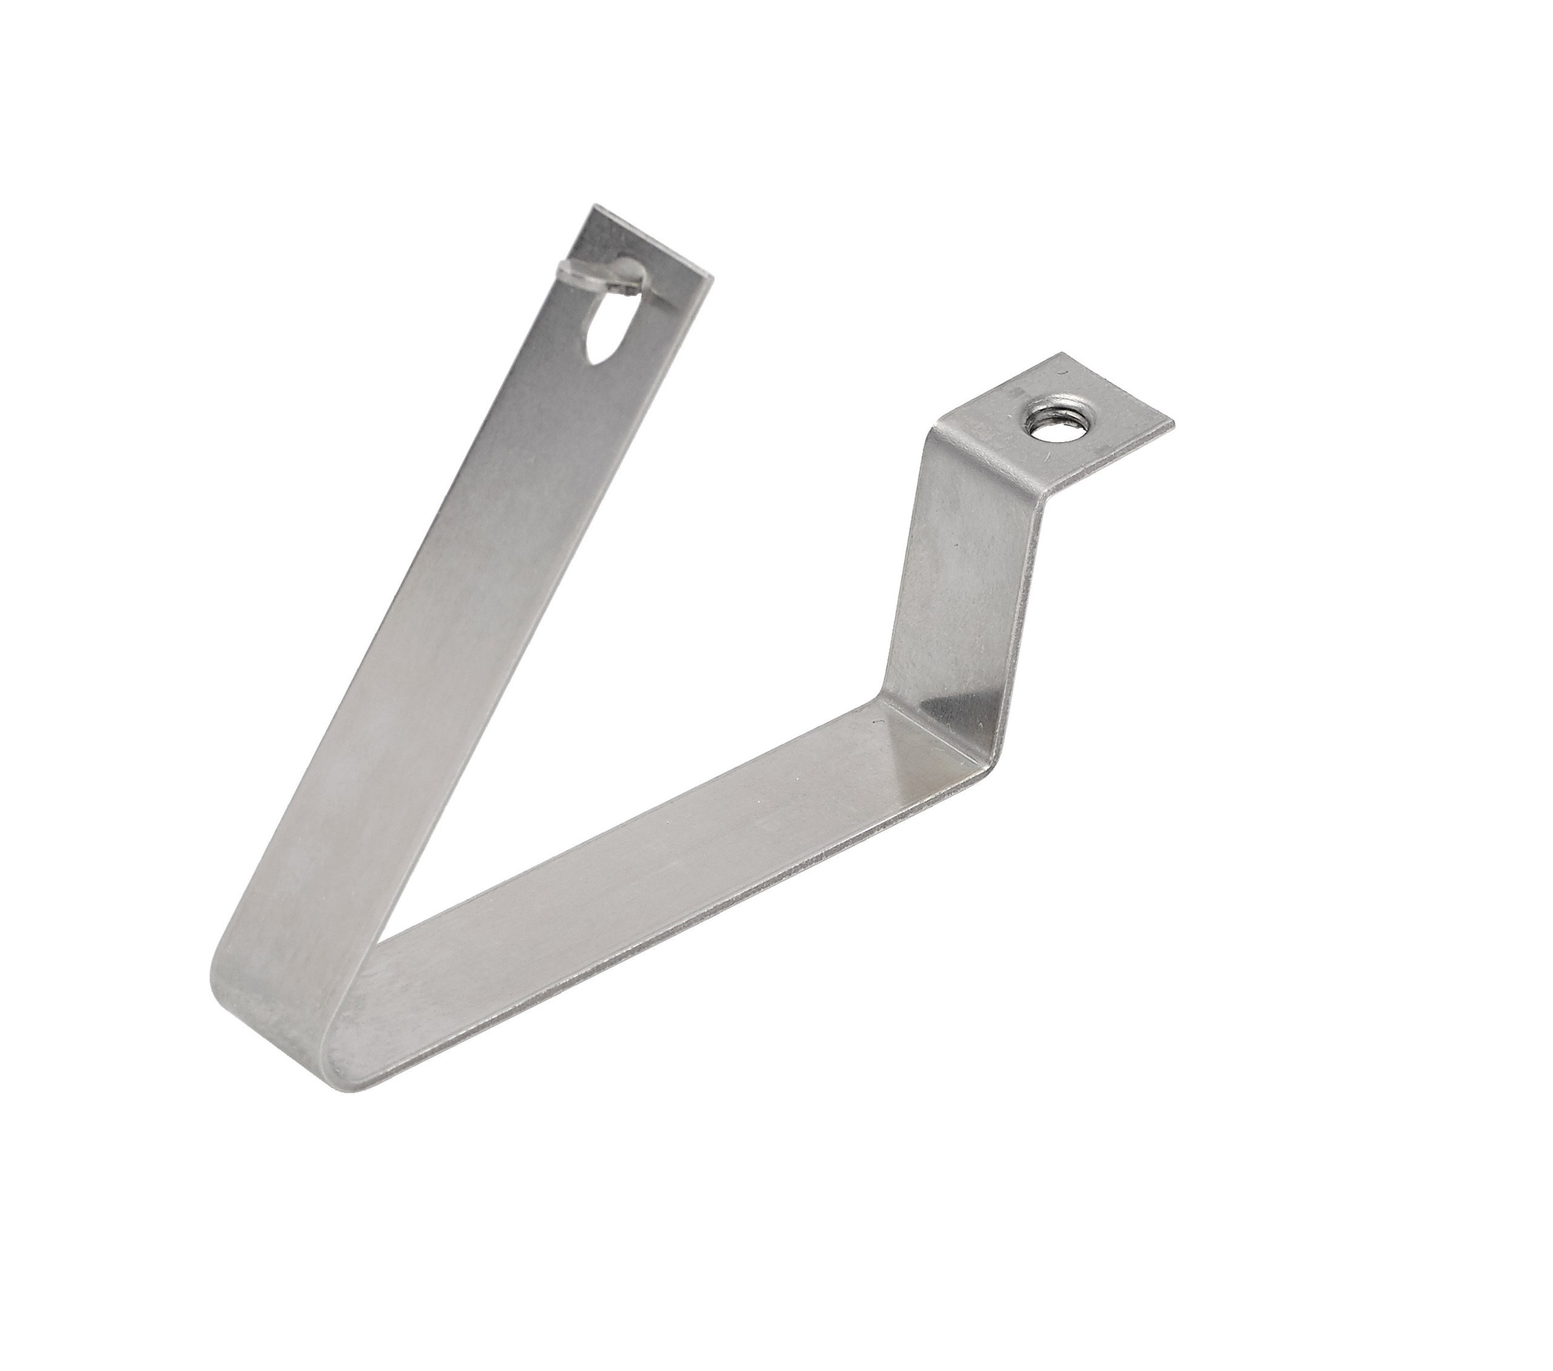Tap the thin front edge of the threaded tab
(1110, 463)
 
